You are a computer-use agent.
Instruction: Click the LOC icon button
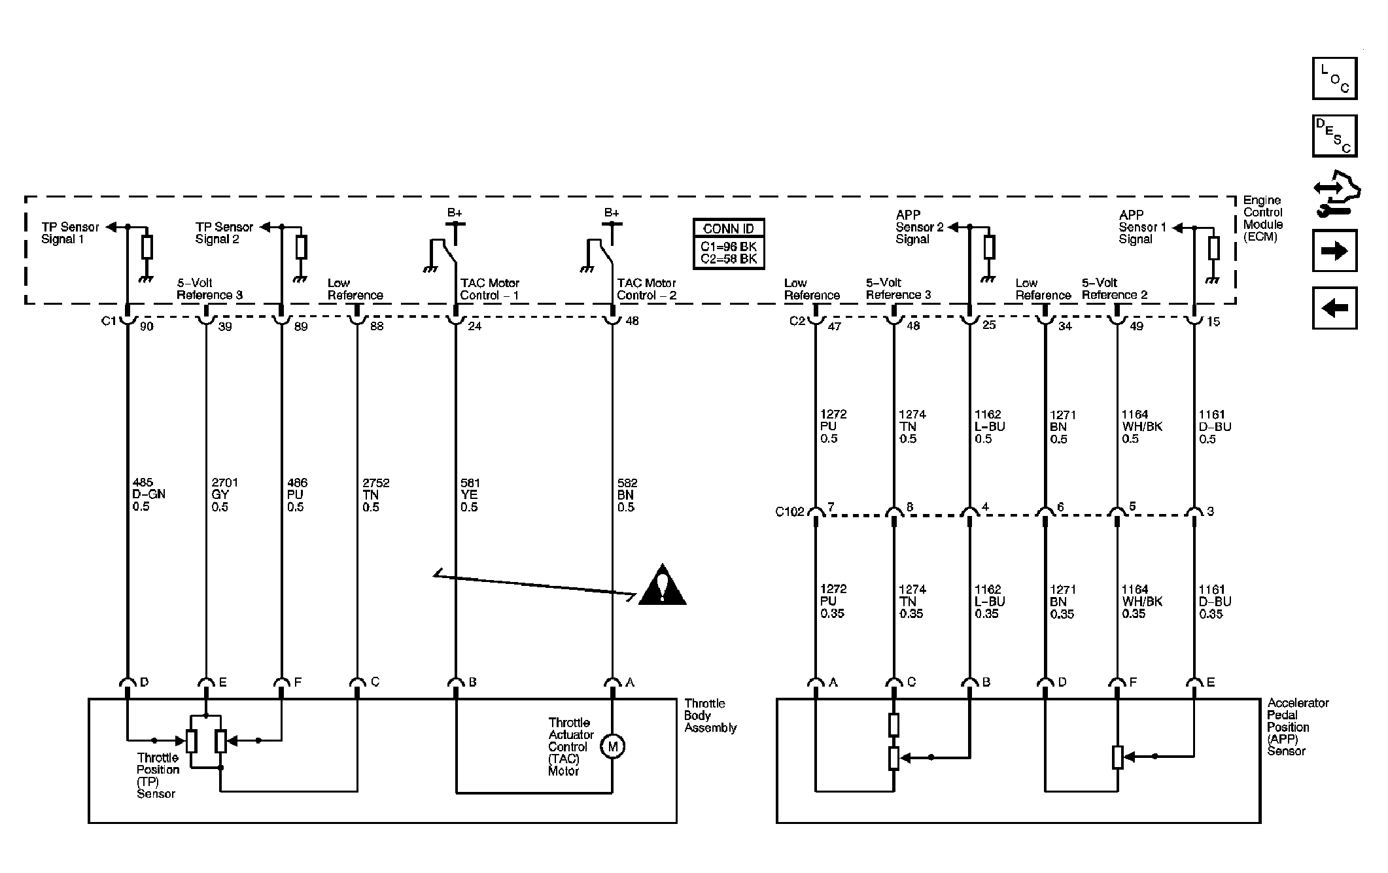pos(1334,78)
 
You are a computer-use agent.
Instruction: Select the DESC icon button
pos(1334,136)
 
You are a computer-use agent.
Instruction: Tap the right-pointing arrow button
pos(1334,250)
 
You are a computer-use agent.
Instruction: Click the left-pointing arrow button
pos(1334,308)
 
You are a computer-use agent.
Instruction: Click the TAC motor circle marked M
pos(613,746)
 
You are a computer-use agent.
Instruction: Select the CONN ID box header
pos(729,228)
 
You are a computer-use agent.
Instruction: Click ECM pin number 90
pos(147,326)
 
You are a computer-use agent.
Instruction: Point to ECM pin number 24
pos(475,326)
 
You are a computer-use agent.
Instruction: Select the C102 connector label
pos(789,511)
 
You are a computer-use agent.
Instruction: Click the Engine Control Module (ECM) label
pos(1262,218)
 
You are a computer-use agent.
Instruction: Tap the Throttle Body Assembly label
pos(710,715)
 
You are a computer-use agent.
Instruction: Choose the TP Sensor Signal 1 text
pos(70,233)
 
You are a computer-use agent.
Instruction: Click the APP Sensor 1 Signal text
pos(1143,227)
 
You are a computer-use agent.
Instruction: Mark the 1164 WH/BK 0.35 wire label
pos(1142,602)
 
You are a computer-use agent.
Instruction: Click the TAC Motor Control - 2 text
pos(646,289)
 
